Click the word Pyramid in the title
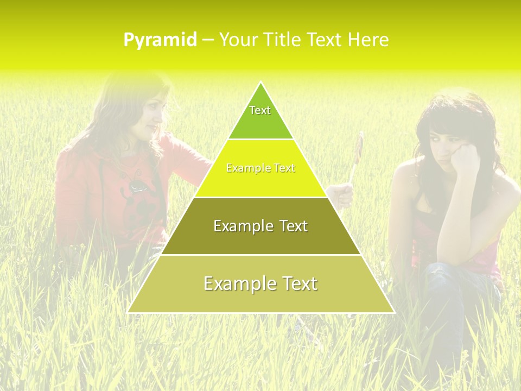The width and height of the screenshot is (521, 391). tap(160, 40)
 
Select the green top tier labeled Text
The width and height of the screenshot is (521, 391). tap(260, 117)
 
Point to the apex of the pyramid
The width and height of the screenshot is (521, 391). tap(260, 83)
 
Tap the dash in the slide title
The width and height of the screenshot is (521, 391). tap(208, 40)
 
